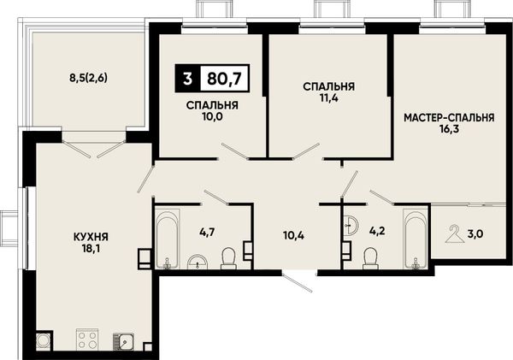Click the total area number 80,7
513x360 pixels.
[x=224, y=79]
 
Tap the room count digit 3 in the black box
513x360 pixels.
[x=187, y=79]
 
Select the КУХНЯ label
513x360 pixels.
[x=91, y=237]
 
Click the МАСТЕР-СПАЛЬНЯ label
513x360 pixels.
[x=449, y=118]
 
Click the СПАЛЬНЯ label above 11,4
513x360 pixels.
[x=329, y=86]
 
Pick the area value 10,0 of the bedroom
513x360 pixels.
[x=212, y=116]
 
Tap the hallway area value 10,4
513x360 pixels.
[x=293, y=235]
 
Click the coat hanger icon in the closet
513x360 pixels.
[x=455, y=233]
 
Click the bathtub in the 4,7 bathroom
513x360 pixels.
[x=168, y=239]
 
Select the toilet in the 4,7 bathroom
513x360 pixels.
[x=228, y=258]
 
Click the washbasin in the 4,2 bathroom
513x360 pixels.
[x=351, y=225]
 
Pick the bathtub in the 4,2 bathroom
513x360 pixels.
[x=416, y=239]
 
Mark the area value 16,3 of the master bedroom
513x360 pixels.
[x=450, y=129]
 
